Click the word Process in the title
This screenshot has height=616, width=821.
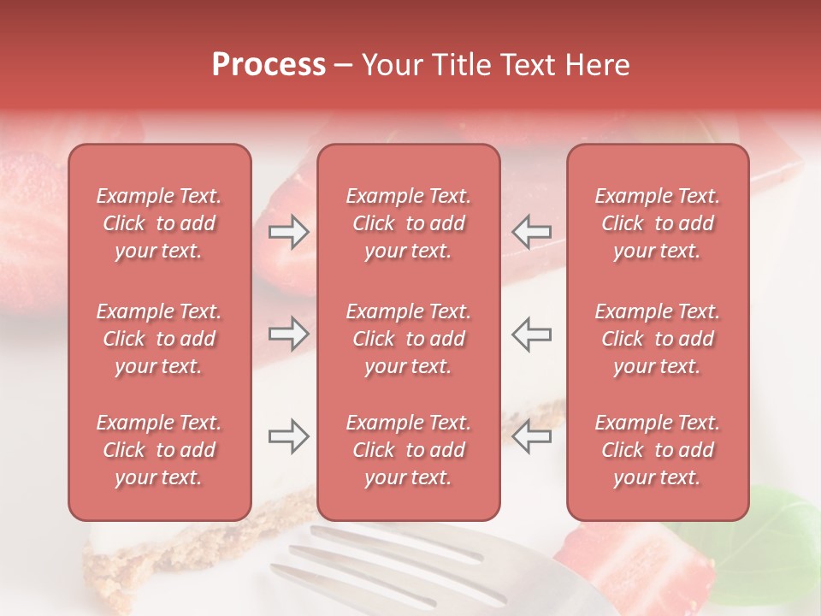click(x=269, y=65)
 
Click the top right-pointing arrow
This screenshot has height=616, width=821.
click(x=289, y=231)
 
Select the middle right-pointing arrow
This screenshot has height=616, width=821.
click(x=289, y=333)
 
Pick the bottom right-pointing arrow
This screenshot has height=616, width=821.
click(x=289, y=436)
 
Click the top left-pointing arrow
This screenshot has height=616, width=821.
click(x=531, y=231)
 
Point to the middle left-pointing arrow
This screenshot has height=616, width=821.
click(x=531, y=333)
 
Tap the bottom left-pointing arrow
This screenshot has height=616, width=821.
click(x=531, y=436)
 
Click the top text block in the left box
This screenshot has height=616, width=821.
click(x=159, y=223)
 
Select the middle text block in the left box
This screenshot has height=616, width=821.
click(x=159, y=339)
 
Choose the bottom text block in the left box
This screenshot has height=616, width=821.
click(x=159, y=450)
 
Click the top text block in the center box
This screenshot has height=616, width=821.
click(x=409, y=223)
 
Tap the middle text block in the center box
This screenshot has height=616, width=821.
click(x=409, y=339)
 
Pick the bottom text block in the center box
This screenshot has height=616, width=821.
click(x=409, y=450)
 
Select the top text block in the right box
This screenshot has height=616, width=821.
click(x=658, y=223)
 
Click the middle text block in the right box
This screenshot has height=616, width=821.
click(x=658, y=339)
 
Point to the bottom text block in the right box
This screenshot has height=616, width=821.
click(x=658, y=450)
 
